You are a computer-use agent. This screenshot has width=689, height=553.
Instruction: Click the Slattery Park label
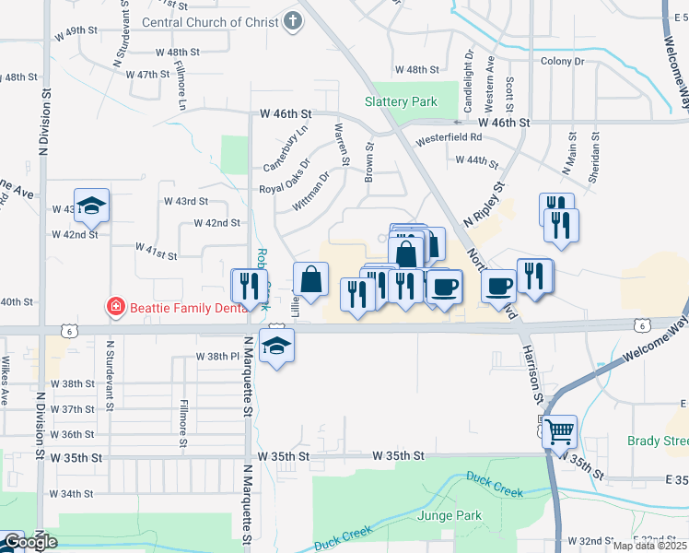tap(401, 101)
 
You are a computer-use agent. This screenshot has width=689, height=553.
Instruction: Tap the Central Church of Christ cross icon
tap(293, 21)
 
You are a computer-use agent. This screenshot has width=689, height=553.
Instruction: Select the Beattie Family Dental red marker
tap(116, 306)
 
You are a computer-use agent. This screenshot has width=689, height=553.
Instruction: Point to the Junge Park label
tap(450, 514)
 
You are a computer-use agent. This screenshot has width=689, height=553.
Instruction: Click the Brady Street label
tap(658, 441)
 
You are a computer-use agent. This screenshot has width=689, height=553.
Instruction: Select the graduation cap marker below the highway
tap(275, 346)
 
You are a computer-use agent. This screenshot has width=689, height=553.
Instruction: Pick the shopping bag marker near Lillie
tap(311, 279)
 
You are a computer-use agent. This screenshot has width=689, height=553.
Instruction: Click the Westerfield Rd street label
tap(450, 137)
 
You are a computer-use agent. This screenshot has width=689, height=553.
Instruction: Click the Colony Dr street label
tap(563, 61)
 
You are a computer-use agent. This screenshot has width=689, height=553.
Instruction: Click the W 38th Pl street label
tap(217, 356)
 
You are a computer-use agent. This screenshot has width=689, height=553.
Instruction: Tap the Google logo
tap(30, 542)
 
